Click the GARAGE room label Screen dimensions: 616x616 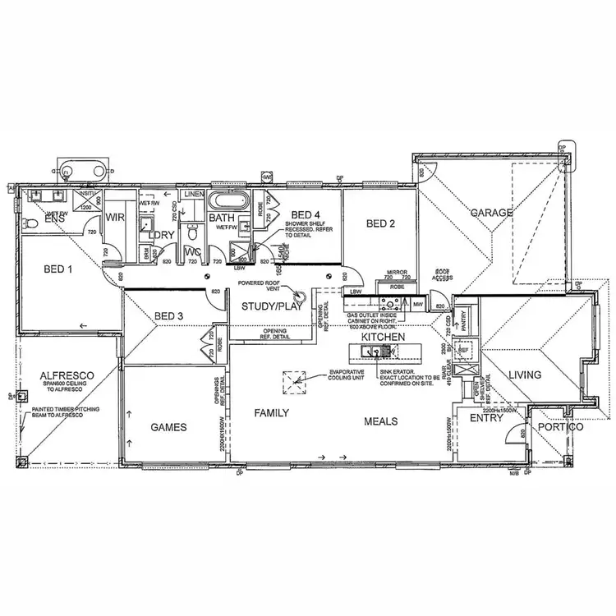(492, 213)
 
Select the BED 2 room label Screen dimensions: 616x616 (381, 223)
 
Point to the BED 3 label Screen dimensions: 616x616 (170, 316)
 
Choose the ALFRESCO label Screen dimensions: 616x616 (67, 375)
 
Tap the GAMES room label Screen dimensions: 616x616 (170, 427)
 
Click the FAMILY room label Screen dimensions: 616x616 (271, 413)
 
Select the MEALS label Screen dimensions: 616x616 (381, 421)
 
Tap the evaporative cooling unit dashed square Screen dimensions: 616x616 (294, 382)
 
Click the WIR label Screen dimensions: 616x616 (112, 218)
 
